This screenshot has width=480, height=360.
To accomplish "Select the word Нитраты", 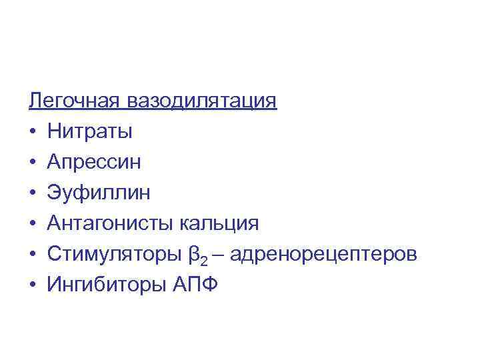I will tap(89, 132).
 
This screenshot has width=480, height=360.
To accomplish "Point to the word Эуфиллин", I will tap(99, 193).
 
